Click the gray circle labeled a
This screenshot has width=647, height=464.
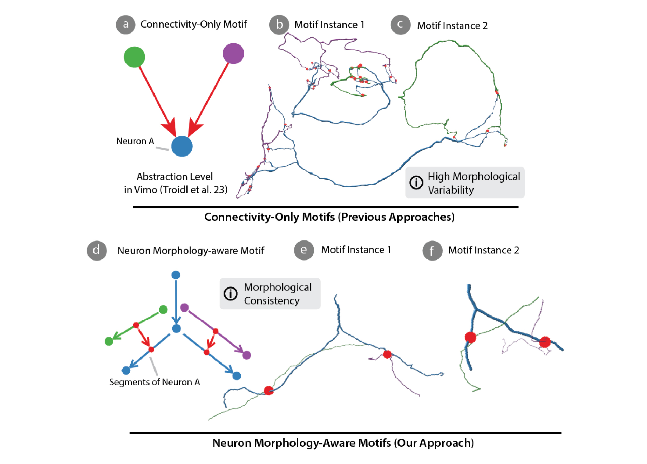point(125,25)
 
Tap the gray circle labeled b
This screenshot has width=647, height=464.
point(279,25)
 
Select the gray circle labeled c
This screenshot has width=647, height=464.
point(400,25)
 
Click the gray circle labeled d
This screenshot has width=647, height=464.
point(97,251)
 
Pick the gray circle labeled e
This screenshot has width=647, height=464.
point(304,250)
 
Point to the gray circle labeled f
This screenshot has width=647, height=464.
point(432,251)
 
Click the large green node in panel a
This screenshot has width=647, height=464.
point(135,57)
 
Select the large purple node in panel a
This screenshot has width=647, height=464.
point(233,53)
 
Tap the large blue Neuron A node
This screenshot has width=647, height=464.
point(182,146)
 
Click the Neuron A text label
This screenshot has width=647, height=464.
point(135,141)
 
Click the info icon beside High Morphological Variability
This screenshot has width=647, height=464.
point(416,183)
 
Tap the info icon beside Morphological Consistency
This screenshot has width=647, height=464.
point(231,294)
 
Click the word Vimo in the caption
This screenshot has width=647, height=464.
point(146,190)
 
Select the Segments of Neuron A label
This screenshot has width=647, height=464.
point(155,382)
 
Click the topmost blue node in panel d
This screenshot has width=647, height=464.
point(176,275)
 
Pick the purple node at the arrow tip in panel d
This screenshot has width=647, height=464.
point(246,355)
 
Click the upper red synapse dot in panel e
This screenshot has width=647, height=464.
point(387,354)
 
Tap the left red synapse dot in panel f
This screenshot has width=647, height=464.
point(470,337)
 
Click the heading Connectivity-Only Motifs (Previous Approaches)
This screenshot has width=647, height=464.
point(329,217)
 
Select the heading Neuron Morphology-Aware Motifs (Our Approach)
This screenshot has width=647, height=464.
point(343,443)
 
